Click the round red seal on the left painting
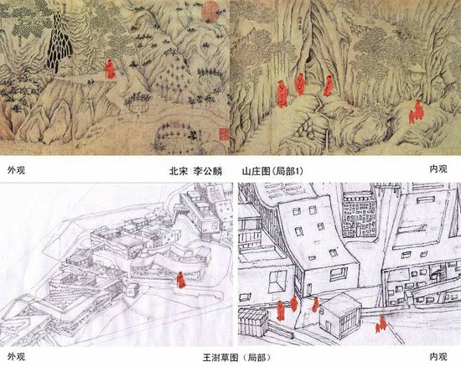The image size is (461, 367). (210, 12)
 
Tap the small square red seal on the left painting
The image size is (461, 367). (224, 134)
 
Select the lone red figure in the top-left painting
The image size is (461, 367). (111, 70)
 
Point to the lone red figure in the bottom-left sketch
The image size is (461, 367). (181, 280)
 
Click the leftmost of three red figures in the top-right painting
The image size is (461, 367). (282, 94)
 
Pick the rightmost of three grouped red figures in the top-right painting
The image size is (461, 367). (328, 85)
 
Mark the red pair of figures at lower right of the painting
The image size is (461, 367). (416, 112)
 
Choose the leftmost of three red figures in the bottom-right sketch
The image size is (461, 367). (281, 311)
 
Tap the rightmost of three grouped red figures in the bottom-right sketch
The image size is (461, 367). (315, 305)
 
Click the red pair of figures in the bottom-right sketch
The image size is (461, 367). (381, 324)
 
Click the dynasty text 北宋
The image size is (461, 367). (179, 171)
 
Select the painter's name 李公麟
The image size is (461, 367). (208, 171)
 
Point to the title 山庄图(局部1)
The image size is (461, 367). (272, 171)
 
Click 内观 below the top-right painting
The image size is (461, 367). (438, 169)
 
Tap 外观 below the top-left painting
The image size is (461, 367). (16, 170)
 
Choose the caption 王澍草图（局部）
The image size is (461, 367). (236, 358)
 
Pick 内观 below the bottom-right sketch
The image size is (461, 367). (438, 356)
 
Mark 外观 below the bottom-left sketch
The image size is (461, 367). (16, 356)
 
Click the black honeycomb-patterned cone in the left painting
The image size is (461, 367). (60, 43)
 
